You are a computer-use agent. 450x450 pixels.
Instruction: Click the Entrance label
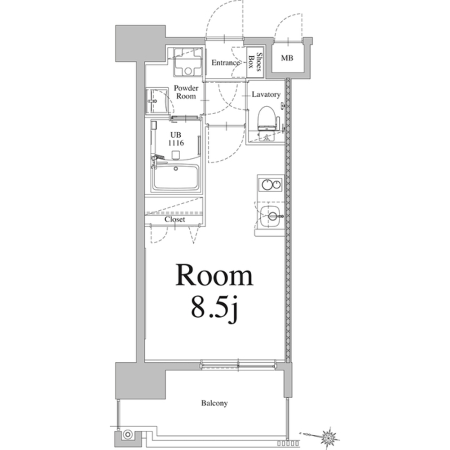(x=226, y=63)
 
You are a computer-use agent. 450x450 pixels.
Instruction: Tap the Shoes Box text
(x=255, y=62)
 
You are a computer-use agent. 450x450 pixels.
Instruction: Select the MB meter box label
(x=287, y=58)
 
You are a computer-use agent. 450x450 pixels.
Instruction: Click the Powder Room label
(x=186, y=92)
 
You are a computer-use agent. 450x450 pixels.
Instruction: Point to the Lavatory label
(x=266, y=94)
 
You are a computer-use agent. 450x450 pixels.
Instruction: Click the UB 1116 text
(x=176, y=139)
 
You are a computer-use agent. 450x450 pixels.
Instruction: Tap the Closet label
(x=175, y=220)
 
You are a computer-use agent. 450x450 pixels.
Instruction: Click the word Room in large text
(x=214, y=275)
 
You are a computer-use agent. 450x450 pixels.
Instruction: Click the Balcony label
(x=214, y=403)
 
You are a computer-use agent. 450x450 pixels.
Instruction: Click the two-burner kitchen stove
(x=270, y=184)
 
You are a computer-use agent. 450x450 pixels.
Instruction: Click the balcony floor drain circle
(x=128, y=435)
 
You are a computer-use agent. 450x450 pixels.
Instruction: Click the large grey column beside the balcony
(x=140, y=380)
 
